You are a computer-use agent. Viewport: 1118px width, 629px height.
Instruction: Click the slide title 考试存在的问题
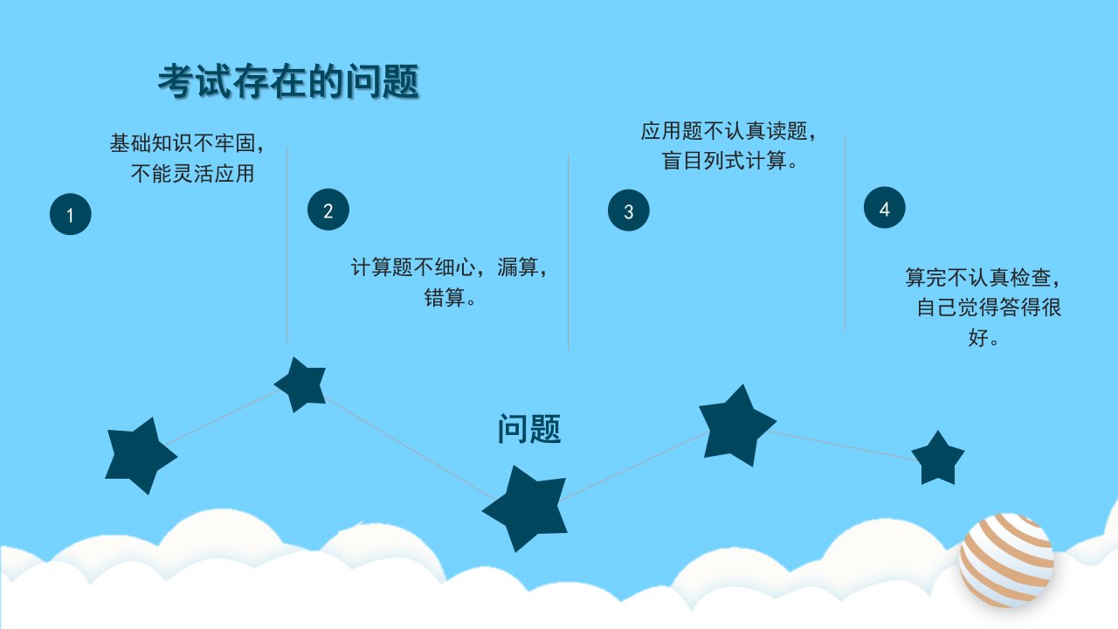click(x=288, y=81)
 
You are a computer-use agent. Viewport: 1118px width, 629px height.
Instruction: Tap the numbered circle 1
click(x=71, y=214)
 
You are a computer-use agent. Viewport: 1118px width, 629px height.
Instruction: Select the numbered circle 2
click(x=328, y=209)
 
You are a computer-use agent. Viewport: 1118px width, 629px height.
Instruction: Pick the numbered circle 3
click(x=628, y=211)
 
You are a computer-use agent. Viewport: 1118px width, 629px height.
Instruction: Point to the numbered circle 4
click(x=885, y=207)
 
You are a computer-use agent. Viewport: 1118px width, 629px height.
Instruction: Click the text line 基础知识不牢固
click(x=183, y=143)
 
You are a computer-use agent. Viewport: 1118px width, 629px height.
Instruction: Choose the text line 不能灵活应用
click(x=193, y=173)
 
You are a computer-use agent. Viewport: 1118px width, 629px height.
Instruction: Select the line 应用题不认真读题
click(x=724, y=131)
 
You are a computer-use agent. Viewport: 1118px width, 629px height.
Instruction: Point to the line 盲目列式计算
click(x=724, y=161)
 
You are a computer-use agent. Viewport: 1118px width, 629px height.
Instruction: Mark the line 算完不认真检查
click(x=978, y=277)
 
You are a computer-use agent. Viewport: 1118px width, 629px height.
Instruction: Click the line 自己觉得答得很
click(x=989, y=307)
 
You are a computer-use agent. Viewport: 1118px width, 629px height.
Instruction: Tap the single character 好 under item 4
click(x=978, y=337)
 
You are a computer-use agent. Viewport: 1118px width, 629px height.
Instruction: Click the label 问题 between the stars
click(x=529, y=429)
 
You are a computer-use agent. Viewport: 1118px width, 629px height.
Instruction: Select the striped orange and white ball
click(x=1006, y=561)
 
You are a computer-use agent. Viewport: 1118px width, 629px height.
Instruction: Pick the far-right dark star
click(x=938, y=459)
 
